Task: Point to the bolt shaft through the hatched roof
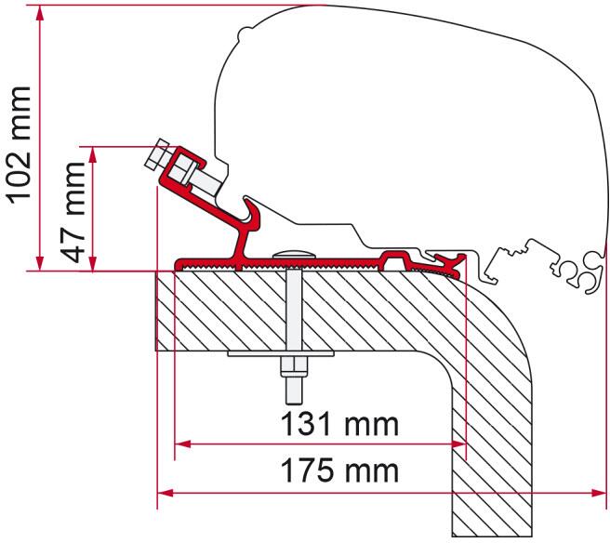[294, 307]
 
